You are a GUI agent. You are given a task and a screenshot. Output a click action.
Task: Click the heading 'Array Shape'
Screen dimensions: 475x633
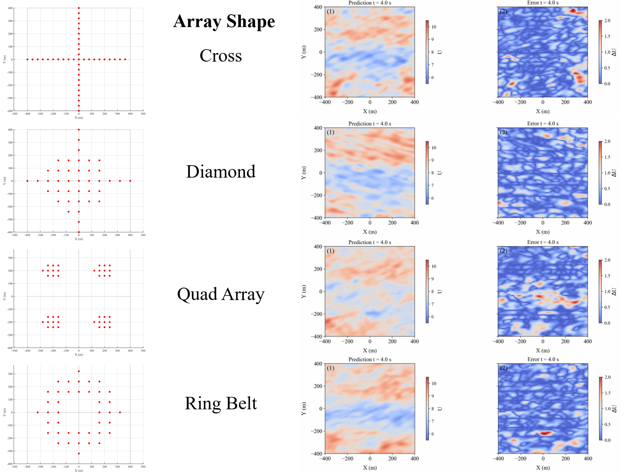click(224, 21)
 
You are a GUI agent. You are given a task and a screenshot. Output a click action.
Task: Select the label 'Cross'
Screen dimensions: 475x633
click(221, 56)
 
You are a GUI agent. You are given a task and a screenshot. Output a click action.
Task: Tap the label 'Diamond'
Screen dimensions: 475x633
click(221, 172)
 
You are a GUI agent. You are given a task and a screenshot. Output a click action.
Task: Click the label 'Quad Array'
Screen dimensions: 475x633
click(221, 294)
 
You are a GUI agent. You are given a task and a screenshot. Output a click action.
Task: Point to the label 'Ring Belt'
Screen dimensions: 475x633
click(221, 403)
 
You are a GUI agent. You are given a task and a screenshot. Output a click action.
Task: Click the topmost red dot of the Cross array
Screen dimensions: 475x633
click(79, 8)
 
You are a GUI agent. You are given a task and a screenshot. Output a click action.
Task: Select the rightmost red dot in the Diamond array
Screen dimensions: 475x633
click(130, 181)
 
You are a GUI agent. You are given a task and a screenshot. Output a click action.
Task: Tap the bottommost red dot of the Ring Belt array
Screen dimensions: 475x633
click(79, 454)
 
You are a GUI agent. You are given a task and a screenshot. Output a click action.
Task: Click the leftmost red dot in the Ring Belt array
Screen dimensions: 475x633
click(38, 412)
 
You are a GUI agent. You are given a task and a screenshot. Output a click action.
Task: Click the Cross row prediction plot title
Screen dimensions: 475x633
click(370, 3)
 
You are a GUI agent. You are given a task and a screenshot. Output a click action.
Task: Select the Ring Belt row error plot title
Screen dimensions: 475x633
click(543, 359)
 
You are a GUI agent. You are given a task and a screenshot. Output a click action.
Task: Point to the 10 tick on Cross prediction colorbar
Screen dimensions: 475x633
click(434, 27)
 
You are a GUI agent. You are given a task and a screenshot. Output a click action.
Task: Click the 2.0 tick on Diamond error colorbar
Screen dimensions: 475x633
click(607, 142)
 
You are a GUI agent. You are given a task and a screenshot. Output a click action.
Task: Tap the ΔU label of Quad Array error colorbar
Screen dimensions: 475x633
click(614, 292)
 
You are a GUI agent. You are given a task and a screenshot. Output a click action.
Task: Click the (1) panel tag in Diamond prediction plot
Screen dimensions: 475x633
click(331, 132)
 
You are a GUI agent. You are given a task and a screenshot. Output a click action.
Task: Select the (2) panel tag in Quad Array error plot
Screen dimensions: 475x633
click(503, 251)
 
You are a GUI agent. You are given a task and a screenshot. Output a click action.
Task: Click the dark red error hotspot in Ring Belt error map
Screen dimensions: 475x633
click(545, 433)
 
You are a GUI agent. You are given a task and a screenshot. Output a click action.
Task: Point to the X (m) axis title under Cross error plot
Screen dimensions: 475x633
click(543, 112)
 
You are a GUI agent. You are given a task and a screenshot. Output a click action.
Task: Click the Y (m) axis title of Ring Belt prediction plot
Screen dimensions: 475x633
click(304, 409)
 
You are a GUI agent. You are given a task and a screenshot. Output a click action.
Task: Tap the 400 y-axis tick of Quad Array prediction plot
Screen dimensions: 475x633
click(318, 247)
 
